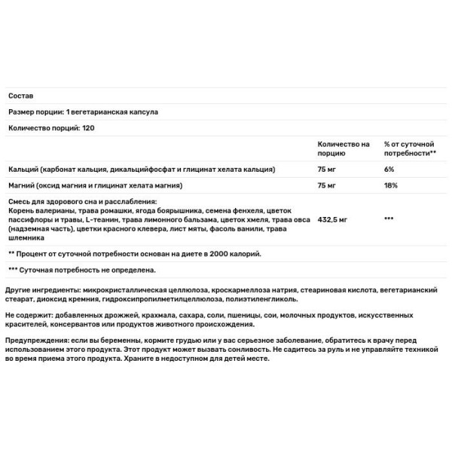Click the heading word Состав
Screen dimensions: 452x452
pyautogui.click(x=20, y=96)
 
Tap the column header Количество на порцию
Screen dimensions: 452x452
pyautogui.click(x=344, y=148)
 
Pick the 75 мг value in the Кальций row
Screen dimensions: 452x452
pyautogui.click(x=327, y=169)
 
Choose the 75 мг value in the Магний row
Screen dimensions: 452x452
pyautogui.click(x=327, y=185)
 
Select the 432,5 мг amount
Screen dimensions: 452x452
pyautogui.click(x=332, y=218)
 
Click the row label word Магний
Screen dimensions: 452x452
pyautogui.click(x=22, y=185)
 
